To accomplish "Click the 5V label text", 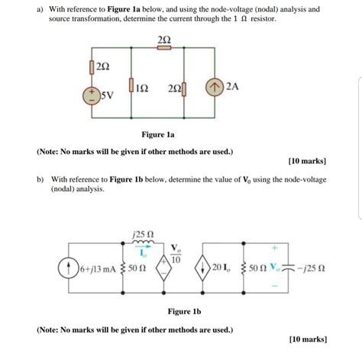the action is tap(110, 98).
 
